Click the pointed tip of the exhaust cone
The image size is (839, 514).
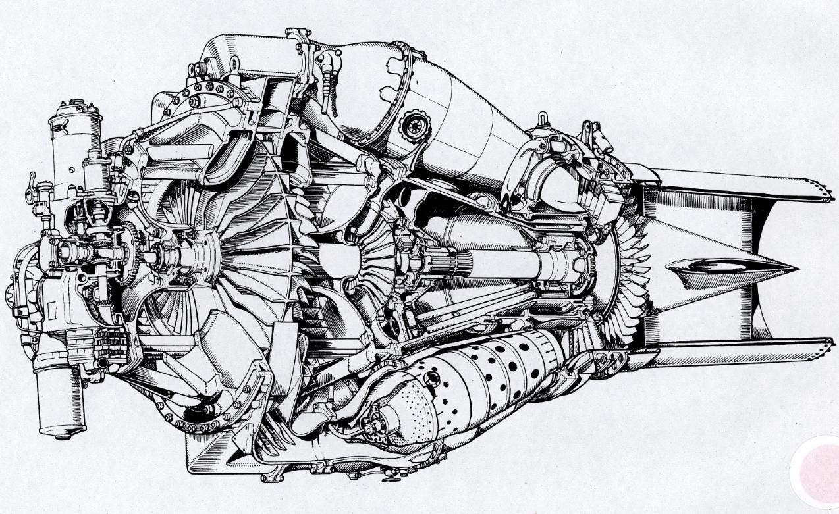[796, 268]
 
